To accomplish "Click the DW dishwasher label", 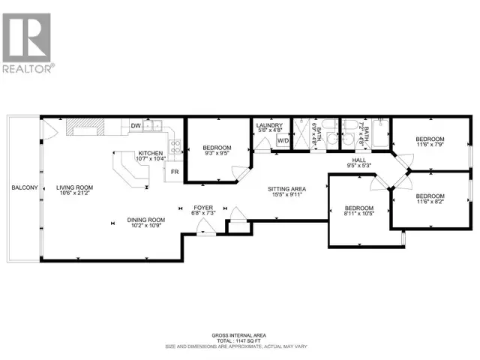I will (x=136, y=126).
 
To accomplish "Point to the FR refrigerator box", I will (x=174, y=172).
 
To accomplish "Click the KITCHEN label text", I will (x=149, y=153).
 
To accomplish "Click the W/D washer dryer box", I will (x=283, y=140).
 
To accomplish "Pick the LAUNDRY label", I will (x=268, y=125).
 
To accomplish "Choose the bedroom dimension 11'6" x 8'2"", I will (x=430, y=201).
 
